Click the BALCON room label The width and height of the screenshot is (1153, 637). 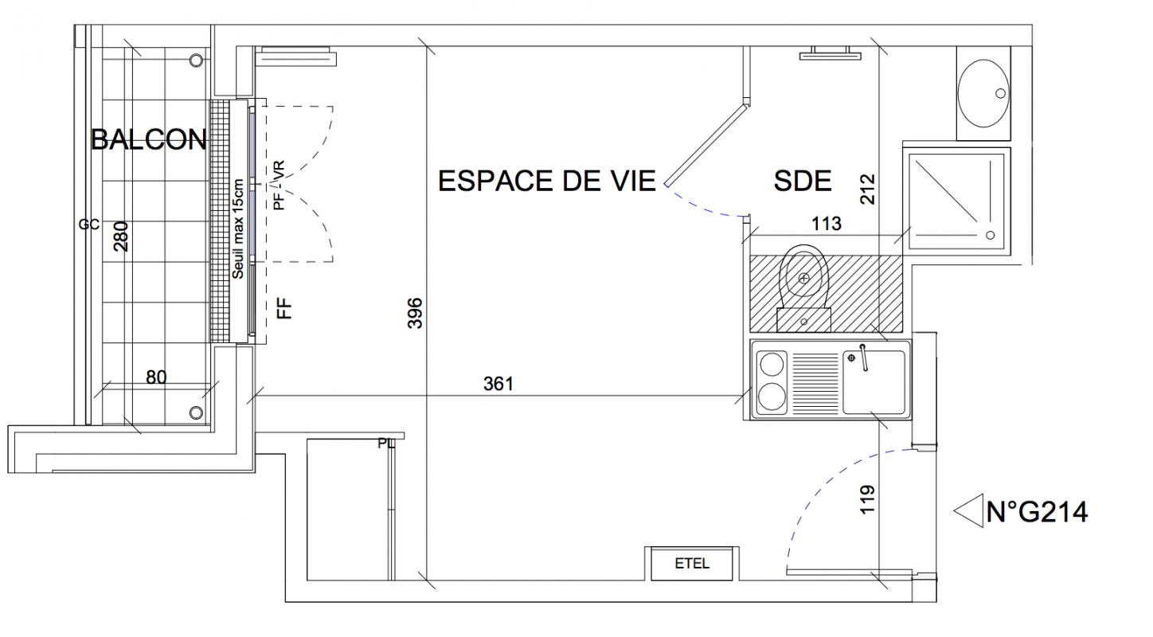click(149, 139)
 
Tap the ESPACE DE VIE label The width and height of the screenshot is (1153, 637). click(547, 181)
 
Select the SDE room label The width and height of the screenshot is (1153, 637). click(803, 181)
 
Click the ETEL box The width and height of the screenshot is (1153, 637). click(692, 564)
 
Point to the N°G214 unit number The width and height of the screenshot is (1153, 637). click(1037, 511)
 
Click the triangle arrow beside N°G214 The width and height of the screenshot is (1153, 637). click(969, 511)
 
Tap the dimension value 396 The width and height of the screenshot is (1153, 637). click(414, 313)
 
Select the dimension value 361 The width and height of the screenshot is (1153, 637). click(498, 384)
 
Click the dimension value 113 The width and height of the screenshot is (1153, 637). click(827, 224)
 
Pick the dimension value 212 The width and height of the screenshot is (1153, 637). click(867, 190)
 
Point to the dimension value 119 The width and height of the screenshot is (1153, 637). click(867, 499)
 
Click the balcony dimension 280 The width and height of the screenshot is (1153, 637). click(121, 236)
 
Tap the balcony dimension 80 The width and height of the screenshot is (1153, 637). click(156, 377)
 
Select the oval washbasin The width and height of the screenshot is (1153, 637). click(983, 94)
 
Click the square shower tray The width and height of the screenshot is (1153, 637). click(956, 201)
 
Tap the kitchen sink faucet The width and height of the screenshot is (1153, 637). click(863, 357)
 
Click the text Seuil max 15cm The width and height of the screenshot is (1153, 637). click(237, 229)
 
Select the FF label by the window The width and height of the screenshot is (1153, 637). click(284, 309)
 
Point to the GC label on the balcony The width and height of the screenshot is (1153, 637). click(88, 225)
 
